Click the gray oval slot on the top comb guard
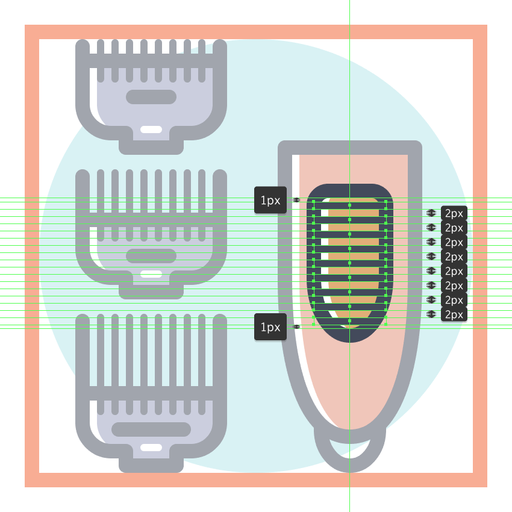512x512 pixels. click(x=151, y=97)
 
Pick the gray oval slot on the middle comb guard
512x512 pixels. click(x=151, y=256)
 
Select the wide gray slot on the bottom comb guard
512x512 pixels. click(x=151, y=429)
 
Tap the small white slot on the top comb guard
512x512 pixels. click(x=151, y=130)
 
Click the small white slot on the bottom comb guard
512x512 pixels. click(x=151, y=448)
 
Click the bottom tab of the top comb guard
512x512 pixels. click(x=151, y=147)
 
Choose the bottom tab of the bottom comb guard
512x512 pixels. click(x=151, y=465)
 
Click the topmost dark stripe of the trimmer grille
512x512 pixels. click(x=350, y=205)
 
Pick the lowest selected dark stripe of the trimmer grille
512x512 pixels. click(x=350, y=321)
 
